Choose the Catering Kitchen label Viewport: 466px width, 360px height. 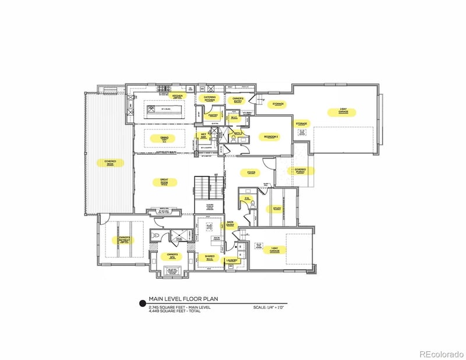[210, 98]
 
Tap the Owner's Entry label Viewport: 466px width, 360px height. [238, 100]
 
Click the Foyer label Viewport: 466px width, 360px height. [252, 172]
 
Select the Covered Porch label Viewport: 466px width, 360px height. [301, 171]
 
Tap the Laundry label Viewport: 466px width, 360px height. [233, 261]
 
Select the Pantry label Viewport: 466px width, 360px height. [213, 115]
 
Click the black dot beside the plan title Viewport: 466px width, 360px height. [142, 303]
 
